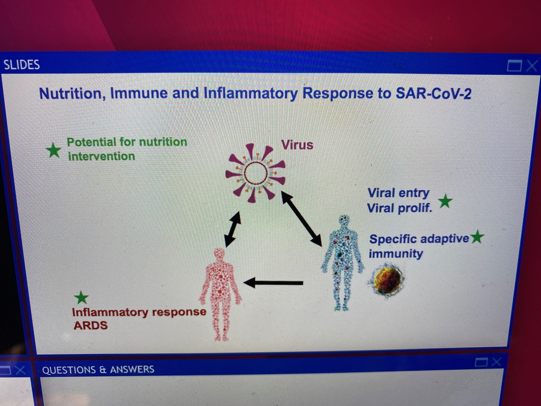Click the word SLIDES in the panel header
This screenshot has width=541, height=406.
pos(22,65)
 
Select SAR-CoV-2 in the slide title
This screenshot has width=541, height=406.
pos(433,94)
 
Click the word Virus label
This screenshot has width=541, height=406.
pos(297,145)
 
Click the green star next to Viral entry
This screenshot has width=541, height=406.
pos(445,201)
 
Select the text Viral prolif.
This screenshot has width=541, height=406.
pos(400,208)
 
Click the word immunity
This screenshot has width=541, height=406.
pos(396,254)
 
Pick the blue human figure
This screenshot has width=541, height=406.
pos(343,263)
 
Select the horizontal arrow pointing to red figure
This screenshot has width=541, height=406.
pos(273,283)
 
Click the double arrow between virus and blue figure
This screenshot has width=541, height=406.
pos(301,219)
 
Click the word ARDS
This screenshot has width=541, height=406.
pos(91,325)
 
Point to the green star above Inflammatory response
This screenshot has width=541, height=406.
pos(81,298)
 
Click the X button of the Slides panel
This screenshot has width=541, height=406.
pos(532,66)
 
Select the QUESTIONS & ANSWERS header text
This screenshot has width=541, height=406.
pos(98,370)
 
